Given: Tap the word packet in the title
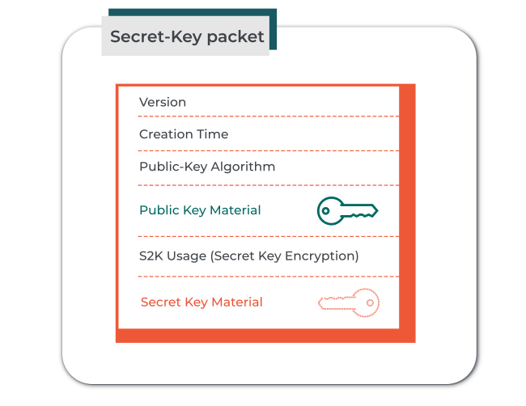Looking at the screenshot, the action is [x=235, y=37].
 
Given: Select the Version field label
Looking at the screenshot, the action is [x=163, y=102].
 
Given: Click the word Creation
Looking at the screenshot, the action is [x=166, y=134].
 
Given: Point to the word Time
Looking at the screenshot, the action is [x=212, y=134].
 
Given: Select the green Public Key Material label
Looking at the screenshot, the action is [x=200, y=210].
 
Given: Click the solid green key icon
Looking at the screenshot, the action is [x=347, y=211].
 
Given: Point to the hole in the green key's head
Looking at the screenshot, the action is [x=325, y=211].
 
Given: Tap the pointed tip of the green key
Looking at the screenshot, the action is [x=378, y=210].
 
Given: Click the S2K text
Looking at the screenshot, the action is [x=151, y=256].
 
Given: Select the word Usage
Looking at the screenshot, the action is [x=187, y=256].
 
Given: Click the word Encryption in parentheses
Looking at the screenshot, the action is [x=322, y=256].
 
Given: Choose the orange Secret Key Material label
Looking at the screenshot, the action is [x=201, y=302].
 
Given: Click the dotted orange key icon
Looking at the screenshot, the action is [x=349, y=302].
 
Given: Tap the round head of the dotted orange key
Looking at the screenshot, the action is [x=366, y=302].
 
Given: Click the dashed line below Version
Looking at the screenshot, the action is [x=269, y=116].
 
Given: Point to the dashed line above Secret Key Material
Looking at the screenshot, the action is [x=269, y=277].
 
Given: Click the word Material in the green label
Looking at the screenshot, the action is [x=235, y=210].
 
